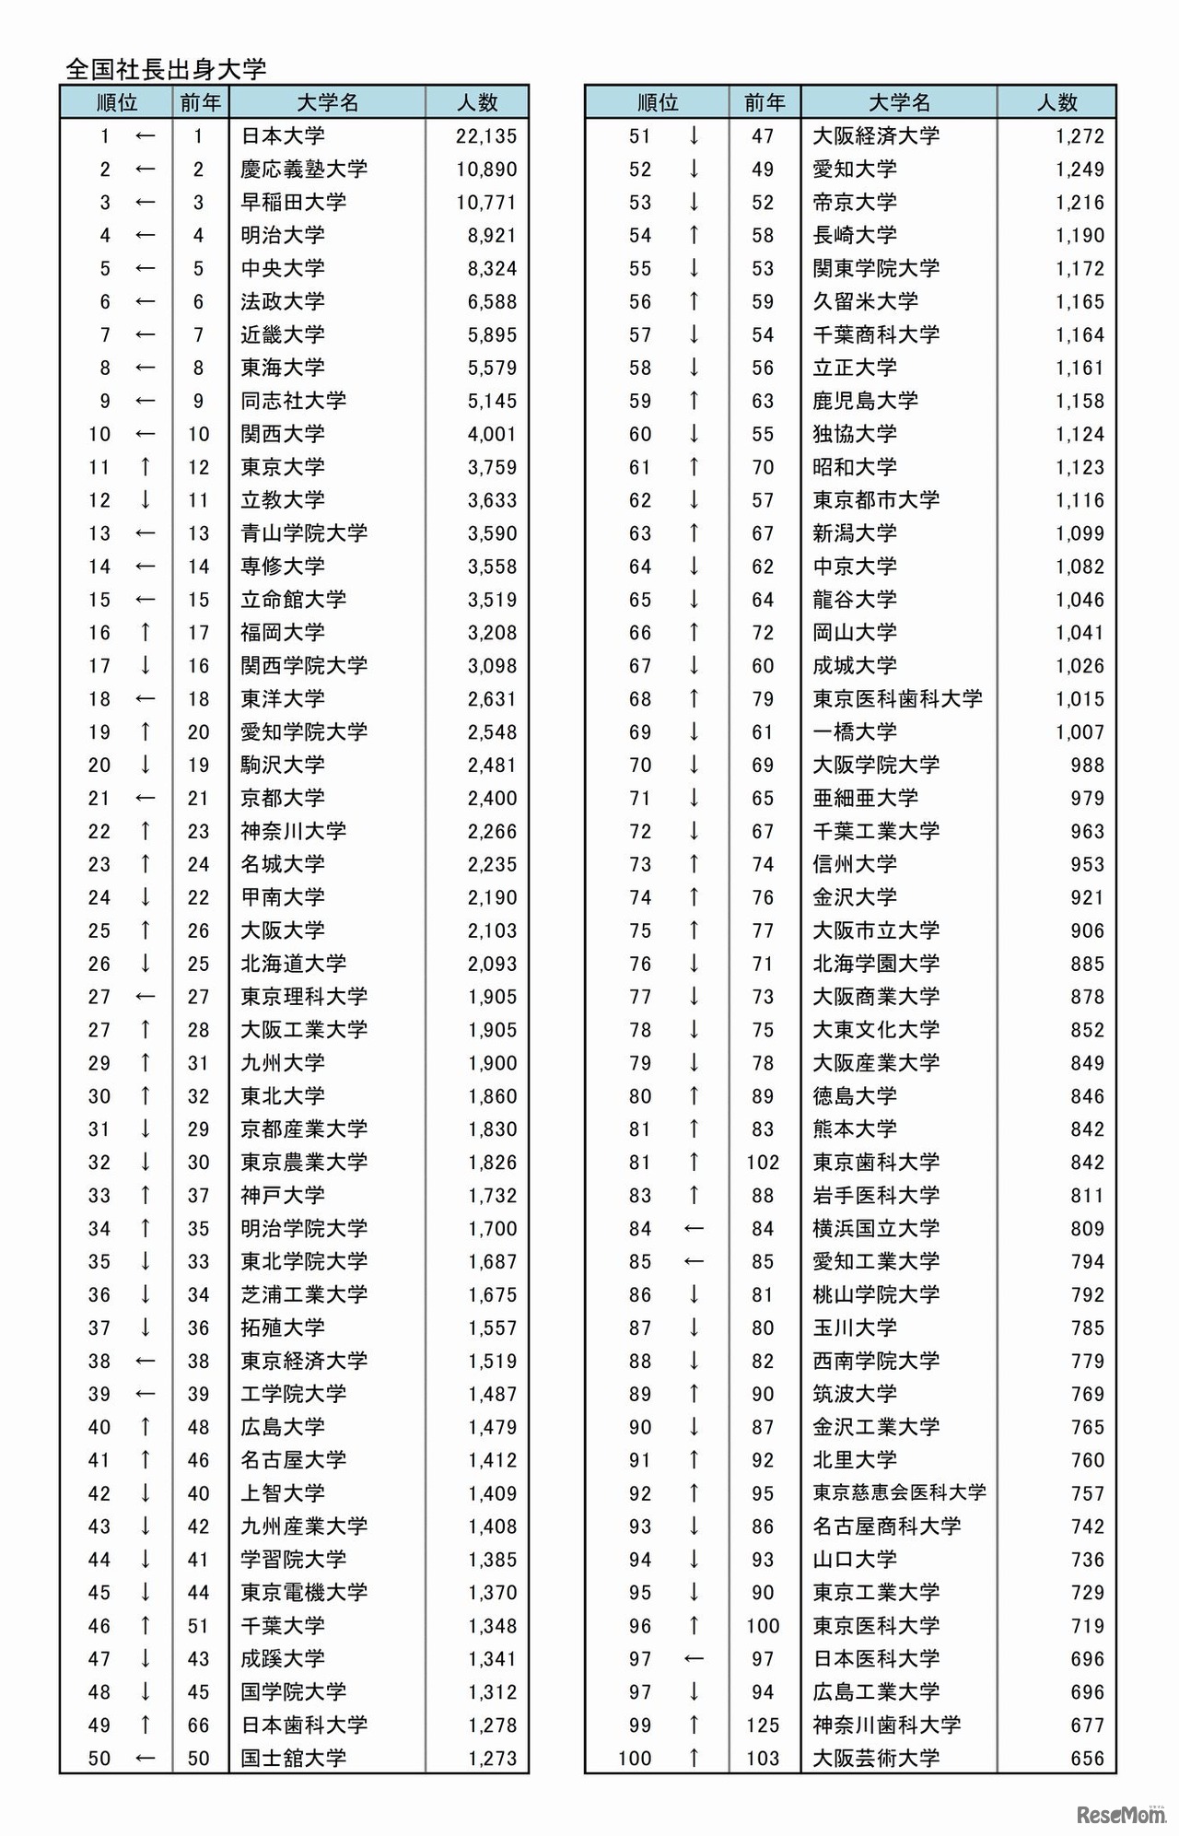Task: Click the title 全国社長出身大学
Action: pos(166,69)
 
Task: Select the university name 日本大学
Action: pos(283,136)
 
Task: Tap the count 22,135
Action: pos(486,136)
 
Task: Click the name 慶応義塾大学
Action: pos(304,170)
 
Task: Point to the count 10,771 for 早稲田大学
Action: pos(486,203)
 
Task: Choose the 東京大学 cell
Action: pos(283,467)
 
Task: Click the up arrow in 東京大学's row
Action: pos(145,467)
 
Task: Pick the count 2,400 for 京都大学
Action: pos(492,798)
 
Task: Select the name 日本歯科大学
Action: pos(304,1725)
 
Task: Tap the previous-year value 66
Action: pos(199,1725)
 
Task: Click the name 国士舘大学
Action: pos(293,1758)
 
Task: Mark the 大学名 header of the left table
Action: pos(328,102)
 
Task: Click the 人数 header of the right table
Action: pos(1056,102)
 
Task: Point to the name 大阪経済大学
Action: pos(876,136)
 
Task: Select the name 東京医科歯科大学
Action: pos(897,699)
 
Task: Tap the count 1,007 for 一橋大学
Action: pos(1080,732)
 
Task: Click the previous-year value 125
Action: pos(763,1725)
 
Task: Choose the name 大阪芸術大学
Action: pos(876,1758)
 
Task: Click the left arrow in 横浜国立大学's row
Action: pos(694,1229)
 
